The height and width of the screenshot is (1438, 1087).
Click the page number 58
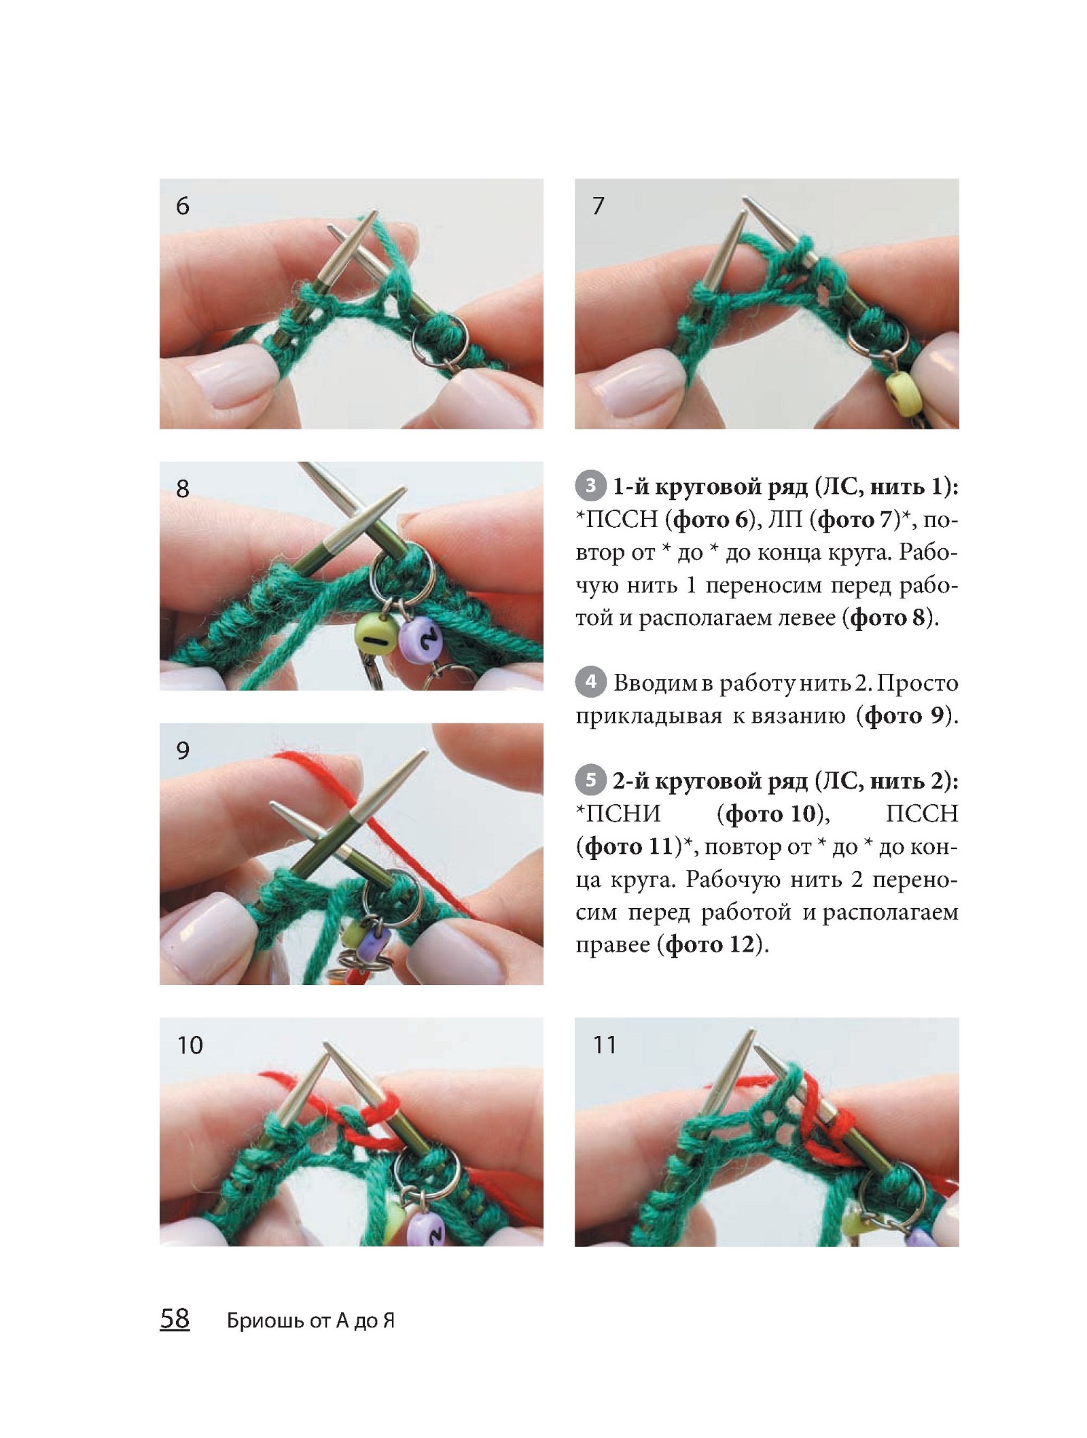pos(175,1318)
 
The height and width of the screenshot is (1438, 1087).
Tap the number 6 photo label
pos(182,206)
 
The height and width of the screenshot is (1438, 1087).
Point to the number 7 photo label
pos(598,206)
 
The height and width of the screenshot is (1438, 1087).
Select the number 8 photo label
pos(182,488)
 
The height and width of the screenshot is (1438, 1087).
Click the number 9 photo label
pos(182,751)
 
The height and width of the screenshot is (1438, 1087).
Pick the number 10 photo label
pos(190,1045)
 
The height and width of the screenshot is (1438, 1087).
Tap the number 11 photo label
pos(605,1045)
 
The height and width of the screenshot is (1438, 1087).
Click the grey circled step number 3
pos(591,486)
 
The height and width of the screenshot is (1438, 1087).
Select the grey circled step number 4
pos(591,681)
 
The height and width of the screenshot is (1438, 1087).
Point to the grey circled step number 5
pos(591,780)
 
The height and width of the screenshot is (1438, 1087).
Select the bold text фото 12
pos(710,944)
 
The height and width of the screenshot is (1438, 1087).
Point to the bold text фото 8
pos(888,617)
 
